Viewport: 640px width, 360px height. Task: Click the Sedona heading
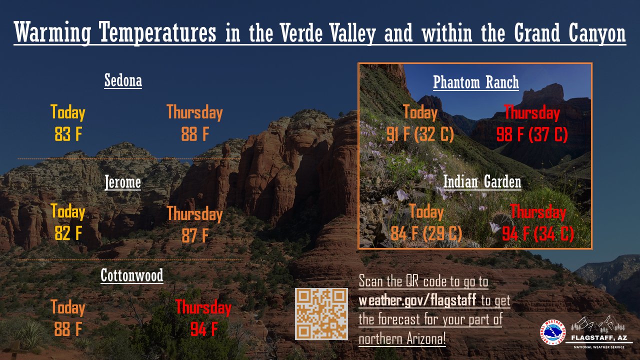click(x=123, y=80)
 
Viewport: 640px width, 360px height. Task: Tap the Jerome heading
click(x=122, y=182)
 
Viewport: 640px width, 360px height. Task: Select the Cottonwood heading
click(x=132, y=275)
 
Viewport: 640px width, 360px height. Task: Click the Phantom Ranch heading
click(x=476, y=82)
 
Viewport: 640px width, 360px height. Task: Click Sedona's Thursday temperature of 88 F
click(x=194, y=134)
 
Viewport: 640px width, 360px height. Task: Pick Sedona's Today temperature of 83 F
click(x=68, y=134)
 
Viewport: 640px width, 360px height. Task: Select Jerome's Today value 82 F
click(x=68, y=233)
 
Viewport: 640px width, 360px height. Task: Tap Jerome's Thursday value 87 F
click(x=194, y=235)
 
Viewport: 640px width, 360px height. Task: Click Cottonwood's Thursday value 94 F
click(x=203, y=329)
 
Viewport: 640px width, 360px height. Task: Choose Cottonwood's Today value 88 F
click(x=68, y=329)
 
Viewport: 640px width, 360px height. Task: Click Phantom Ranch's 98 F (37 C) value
click(x=532, y=134)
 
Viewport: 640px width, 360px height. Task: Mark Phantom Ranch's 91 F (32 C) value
click(x=420, y=134)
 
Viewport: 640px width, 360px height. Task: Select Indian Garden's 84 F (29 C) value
click(x=426, y=233)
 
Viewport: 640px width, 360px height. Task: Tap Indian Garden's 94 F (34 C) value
click(x=538, y=233)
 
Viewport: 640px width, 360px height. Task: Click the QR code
click(x=321, y=314)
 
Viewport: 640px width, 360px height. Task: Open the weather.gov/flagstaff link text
click(x=417, y=300)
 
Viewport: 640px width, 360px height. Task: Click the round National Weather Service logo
click(x=552, y=332)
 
